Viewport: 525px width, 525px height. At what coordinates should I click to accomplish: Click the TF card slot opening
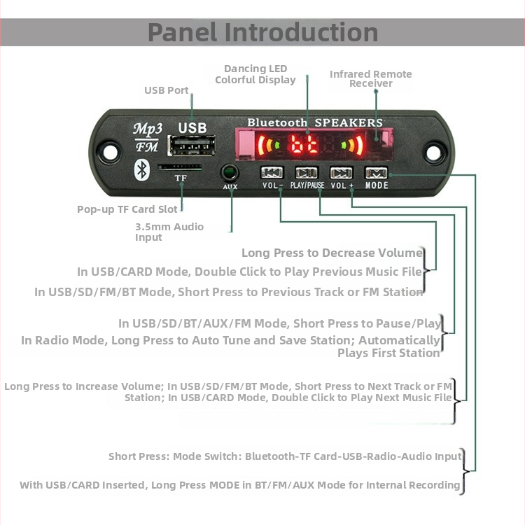click(x=180, y=168)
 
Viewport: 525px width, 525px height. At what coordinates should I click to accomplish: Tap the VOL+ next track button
click(x=342, y=173)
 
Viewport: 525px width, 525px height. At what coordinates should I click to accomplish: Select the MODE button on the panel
click(x=376, y=173)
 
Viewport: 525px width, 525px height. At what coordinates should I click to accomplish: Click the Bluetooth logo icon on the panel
click(x=142, y=168)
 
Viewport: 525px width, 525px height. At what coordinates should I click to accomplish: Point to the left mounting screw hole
click(x=108, y=150)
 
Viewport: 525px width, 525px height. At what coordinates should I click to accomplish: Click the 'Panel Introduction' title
click(x=262, y=32)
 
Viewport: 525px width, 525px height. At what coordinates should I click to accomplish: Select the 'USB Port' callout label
click(x=167, y=90)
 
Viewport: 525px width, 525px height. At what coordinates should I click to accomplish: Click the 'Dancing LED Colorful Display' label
click(x=255, y=74)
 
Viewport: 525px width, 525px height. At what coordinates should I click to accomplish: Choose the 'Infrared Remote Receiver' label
click(x=371, y=78)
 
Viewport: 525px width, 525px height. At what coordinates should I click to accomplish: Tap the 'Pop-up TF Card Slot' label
click(x=128, y=209)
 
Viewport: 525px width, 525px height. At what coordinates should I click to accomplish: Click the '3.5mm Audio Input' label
click(x=169, y=232)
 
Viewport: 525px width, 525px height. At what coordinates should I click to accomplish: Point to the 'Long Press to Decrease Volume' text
click(x=332, y=253)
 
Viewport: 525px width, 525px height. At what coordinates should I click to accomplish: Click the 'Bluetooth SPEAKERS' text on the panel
click(x=315, y=122)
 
